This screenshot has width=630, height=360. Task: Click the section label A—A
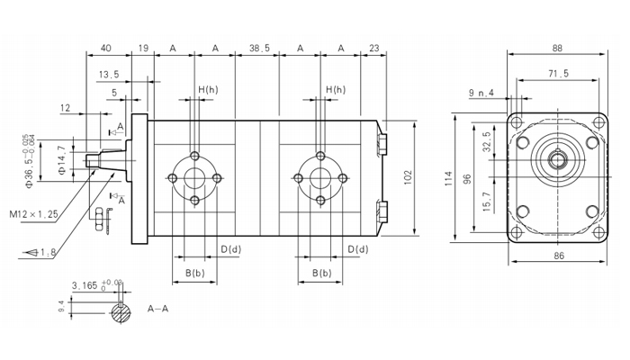point(159,308)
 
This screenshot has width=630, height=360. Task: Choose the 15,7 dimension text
point(487,201)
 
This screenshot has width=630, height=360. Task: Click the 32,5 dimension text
point(487,143)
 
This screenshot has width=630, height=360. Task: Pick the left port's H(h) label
point(208,90)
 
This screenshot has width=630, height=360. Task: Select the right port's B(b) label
point(320,273)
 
